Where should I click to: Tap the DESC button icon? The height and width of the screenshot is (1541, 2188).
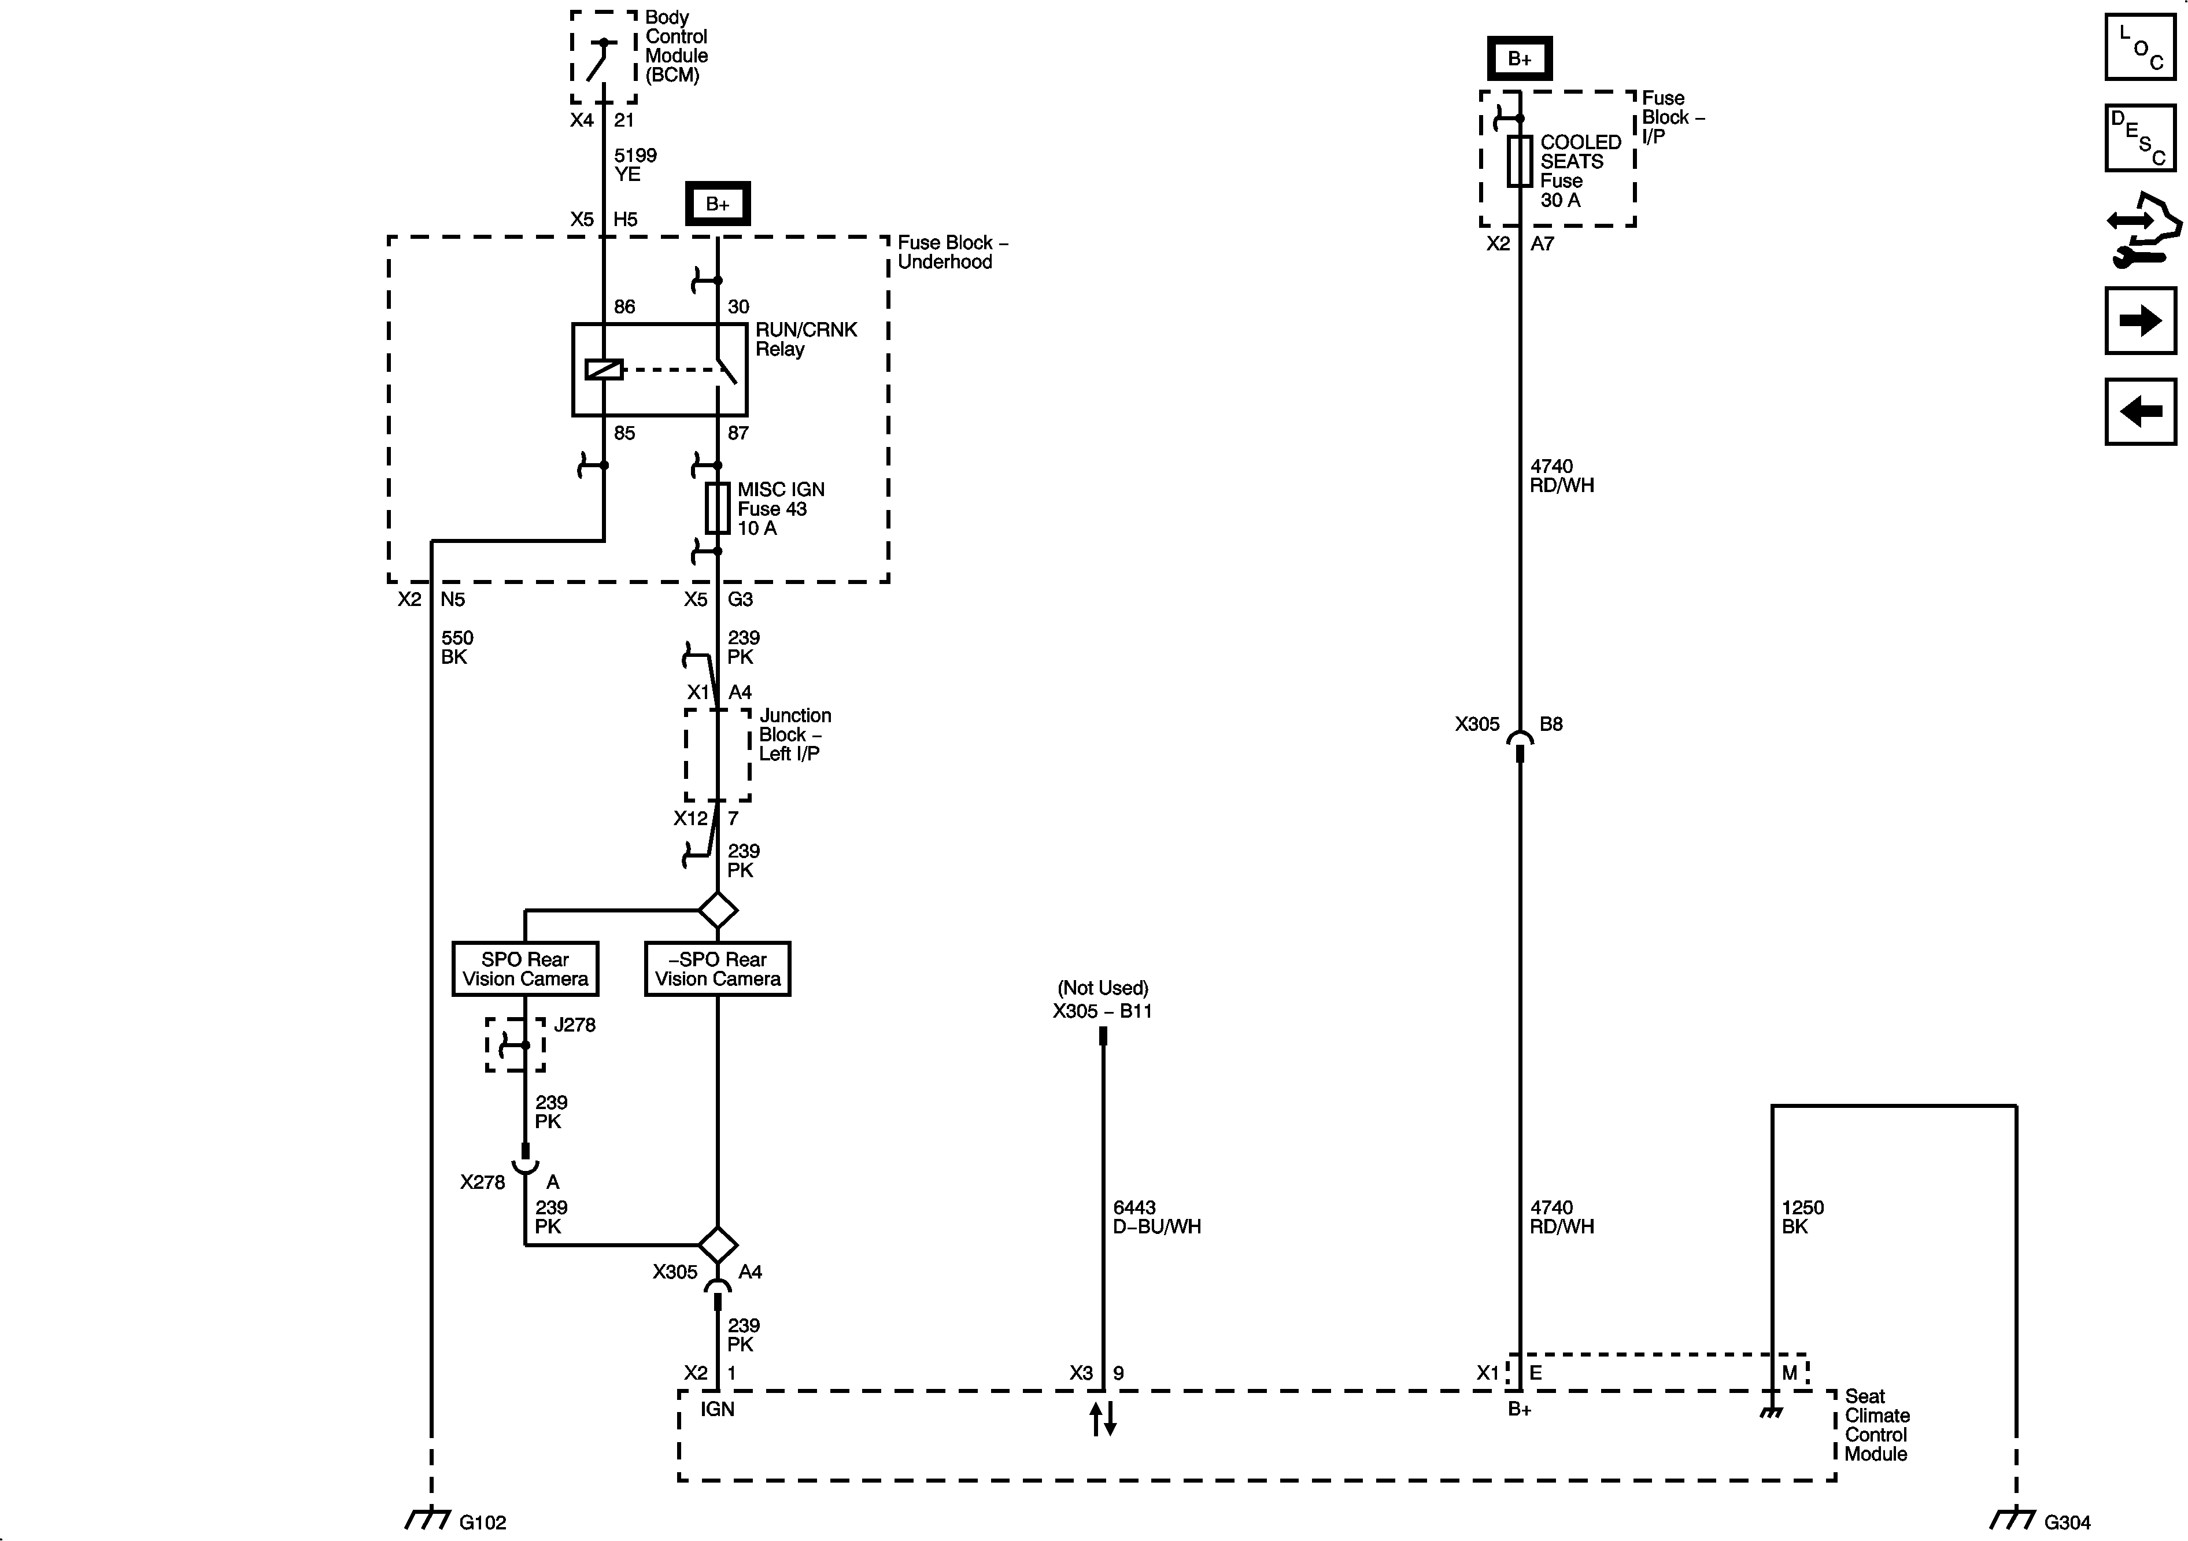[x=2141, y=138]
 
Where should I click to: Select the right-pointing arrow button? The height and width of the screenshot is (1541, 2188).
[x=2141, y=320]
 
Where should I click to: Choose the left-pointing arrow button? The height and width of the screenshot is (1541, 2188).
[x=2141, y=412]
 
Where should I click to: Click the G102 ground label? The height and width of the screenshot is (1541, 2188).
[x=482, y=1522]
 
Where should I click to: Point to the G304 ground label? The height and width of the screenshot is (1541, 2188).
[x=2067, y=1522]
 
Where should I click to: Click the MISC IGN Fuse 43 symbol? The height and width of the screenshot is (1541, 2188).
[x=718, y=508]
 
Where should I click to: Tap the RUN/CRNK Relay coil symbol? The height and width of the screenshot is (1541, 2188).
[x=603, y=369]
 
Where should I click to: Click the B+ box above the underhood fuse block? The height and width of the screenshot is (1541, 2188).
[x=718, y=204]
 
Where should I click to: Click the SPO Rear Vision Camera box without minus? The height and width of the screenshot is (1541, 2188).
[x=525, y=969]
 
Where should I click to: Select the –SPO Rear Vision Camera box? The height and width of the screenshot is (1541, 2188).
[x=718, y=969]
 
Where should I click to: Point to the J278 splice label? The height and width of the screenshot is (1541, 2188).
[x=575, y=1025]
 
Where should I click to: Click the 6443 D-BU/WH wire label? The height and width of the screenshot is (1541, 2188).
[x=1156, y=1217]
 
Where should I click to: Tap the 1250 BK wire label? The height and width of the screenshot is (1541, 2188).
[x=1802, y=1217]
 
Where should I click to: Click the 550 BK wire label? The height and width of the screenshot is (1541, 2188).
[x=456, y=647]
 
